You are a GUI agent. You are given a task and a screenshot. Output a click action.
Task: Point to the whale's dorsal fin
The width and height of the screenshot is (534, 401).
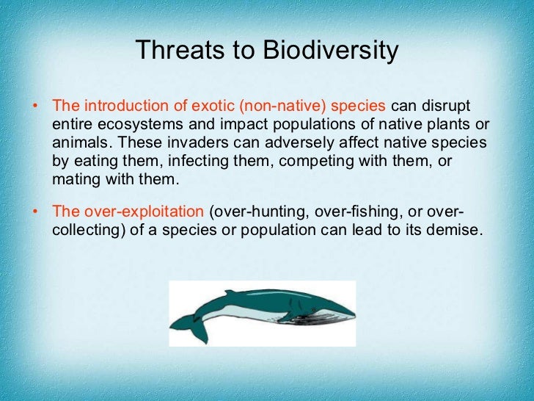[232, 293]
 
